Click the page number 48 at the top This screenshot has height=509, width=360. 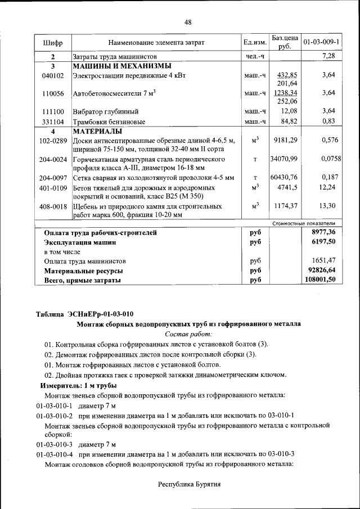[x=188, y=22]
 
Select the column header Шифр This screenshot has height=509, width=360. [x=53, y=42]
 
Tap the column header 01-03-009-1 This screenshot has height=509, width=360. [x=321, y=42]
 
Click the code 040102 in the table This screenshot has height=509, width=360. [x=53, y=75]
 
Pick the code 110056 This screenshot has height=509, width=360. [x=53, y=93]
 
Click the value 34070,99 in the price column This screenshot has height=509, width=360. [x=284, y=159]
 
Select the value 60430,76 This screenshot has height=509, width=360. [x=284, y=177]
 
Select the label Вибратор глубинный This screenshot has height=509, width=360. [x=106, y=112]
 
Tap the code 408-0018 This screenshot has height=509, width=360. [x=53, y=206]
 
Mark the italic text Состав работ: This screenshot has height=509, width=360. [x=188, y=334]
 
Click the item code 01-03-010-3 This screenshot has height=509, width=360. [x=55, y=444]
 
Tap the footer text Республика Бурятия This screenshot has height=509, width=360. [x=188, y=484]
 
